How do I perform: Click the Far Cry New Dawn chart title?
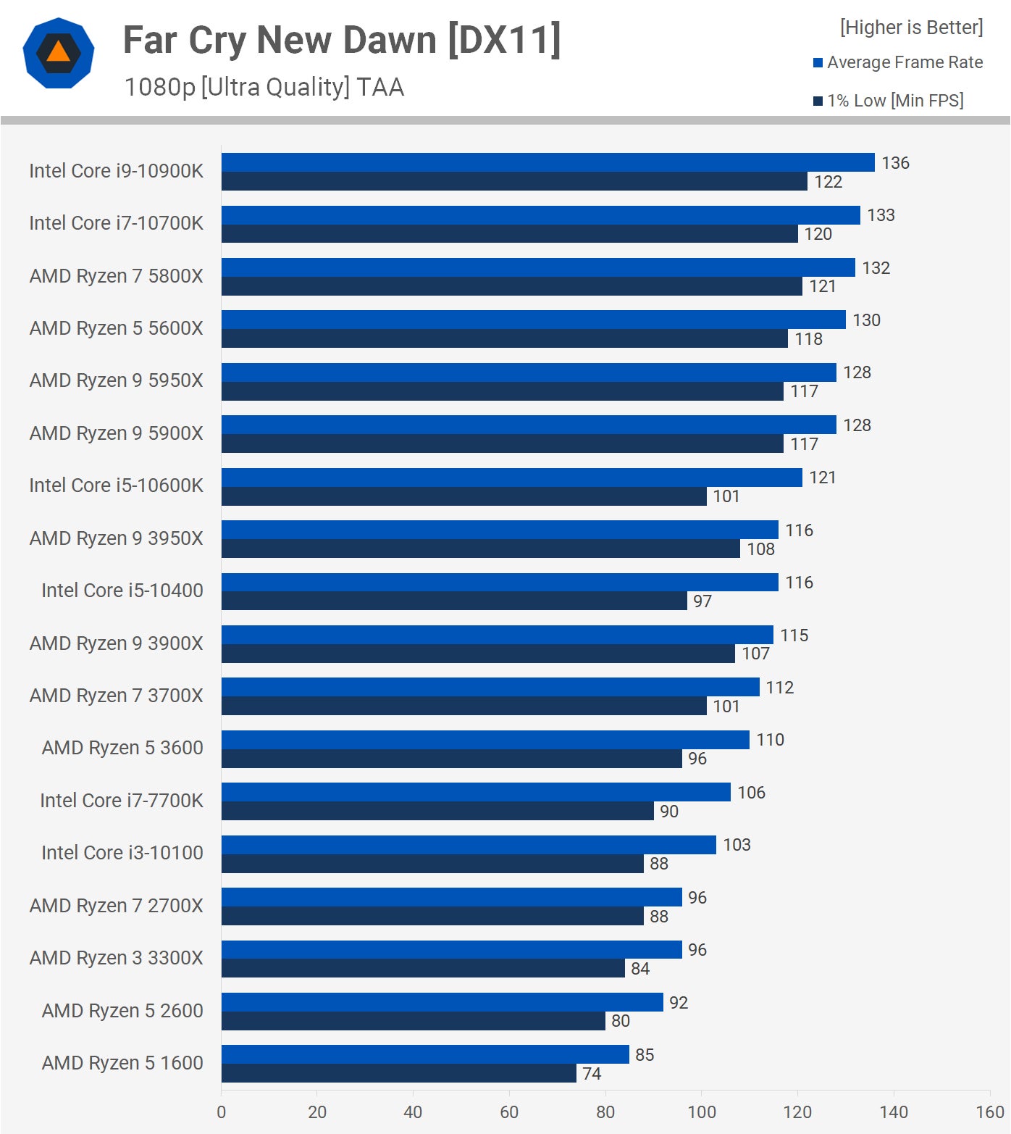tap(342, 41)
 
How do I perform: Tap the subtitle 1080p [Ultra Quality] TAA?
tap(264, 87)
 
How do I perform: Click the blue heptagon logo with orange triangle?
tap(58, 53)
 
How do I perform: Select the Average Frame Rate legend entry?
tap(898, 62)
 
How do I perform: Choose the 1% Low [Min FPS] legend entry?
tap(889, 101)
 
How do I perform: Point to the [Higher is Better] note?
tap(911, 28)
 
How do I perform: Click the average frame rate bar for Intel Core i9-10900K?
tap(548, 162)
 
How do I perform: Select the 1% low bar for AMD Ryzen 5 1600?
tap(398, 1073)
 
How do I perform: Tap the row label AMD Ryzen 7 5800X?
tap(116, 276)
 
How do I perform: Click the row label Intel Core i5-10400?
tap(122, 591)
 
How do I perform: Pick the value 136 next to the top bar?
tap(895, 163)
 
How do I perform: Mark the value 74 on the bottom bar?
tap(592, 1074)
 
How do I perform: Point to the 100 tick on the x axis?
tap(701, 1112)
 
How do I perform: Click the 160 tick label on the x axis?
tap(989, 1112)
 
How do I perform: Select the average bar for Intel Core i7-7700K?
tap(476, 792)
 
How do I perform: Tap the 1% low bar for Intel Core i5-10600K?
tap(463, 496)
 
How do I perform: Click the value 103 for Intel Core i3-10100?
tap(737, 845)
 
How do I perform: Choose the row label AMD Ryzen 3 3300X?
tap(116, 958)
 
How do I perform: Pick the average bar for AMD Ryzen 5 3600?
tap(485, 740)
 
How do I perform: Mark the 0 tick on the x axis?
tap(221, 1112)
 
